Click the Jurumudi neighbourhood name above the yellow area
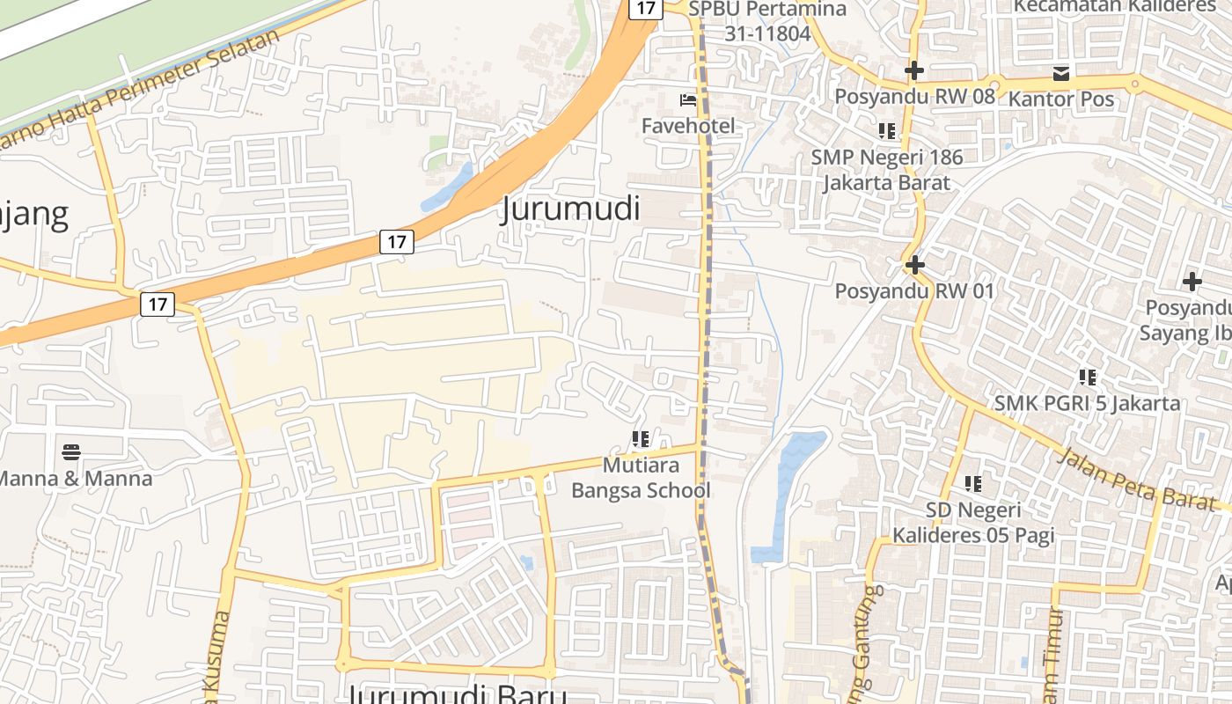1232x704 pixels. tap(570, 209)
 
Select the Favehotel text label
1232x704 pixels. tap(687, 126)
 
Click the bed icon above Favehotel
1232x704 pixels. tap(688, 100)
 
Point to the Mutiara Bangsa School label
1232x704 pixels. tap(641, 477)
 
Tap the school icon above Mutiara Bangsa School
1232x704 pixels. tap(641, 438)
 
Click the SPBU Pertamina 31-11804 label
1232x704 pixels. tap(767, 21)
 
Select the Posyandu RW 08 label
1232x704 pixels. tap(914, 96)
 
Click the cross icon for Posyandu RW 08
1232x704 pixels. tap(914, 70)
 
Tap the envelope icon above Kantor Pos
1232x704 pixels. tap(1061, 73)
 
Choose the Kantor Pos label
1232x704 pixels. tap(1061, 99)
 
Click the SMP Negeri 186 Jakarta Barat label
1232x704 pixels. tap(887, 170)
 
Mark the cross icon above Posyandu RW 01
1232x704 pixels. tap(914, 264)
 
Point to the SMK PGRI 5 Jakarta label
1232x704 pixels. tap(1087, 403)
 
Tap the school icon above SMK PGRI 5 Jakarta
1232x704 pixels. tap(1088, 378)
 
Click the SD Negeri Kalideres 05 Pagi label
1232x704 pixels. tap(973, 522)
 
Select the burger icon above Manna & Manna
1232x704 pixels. tap(72, 453)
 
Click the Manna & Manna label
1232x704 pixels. tap(76, 479)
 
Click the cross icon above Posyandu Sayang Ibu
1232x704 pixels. tap(1192, 282)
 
